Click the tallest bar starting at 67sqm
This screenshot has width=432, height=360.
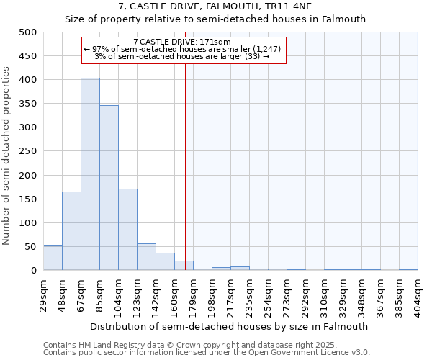click(90, 174)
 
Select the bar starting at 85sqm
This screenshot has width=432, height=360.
click(109, 188)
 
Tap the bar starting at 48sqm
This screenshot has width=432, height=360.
click(71, 231)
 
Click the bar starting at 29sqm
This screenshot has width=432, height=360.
click(53, 258)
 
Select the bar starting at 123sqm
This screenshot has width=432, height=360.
click(146, 257)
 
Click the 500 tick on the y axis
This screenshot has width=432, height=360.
click(28, 32)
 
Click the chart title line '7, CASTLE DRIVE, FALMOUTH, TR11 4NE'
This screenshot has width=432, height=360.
click(215, 6)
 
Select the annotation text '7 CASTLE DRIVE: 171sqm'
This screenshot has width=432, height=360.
click(182, 42)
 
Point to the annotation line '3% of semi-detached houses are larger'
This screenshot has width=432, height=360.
click(182, 56)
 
